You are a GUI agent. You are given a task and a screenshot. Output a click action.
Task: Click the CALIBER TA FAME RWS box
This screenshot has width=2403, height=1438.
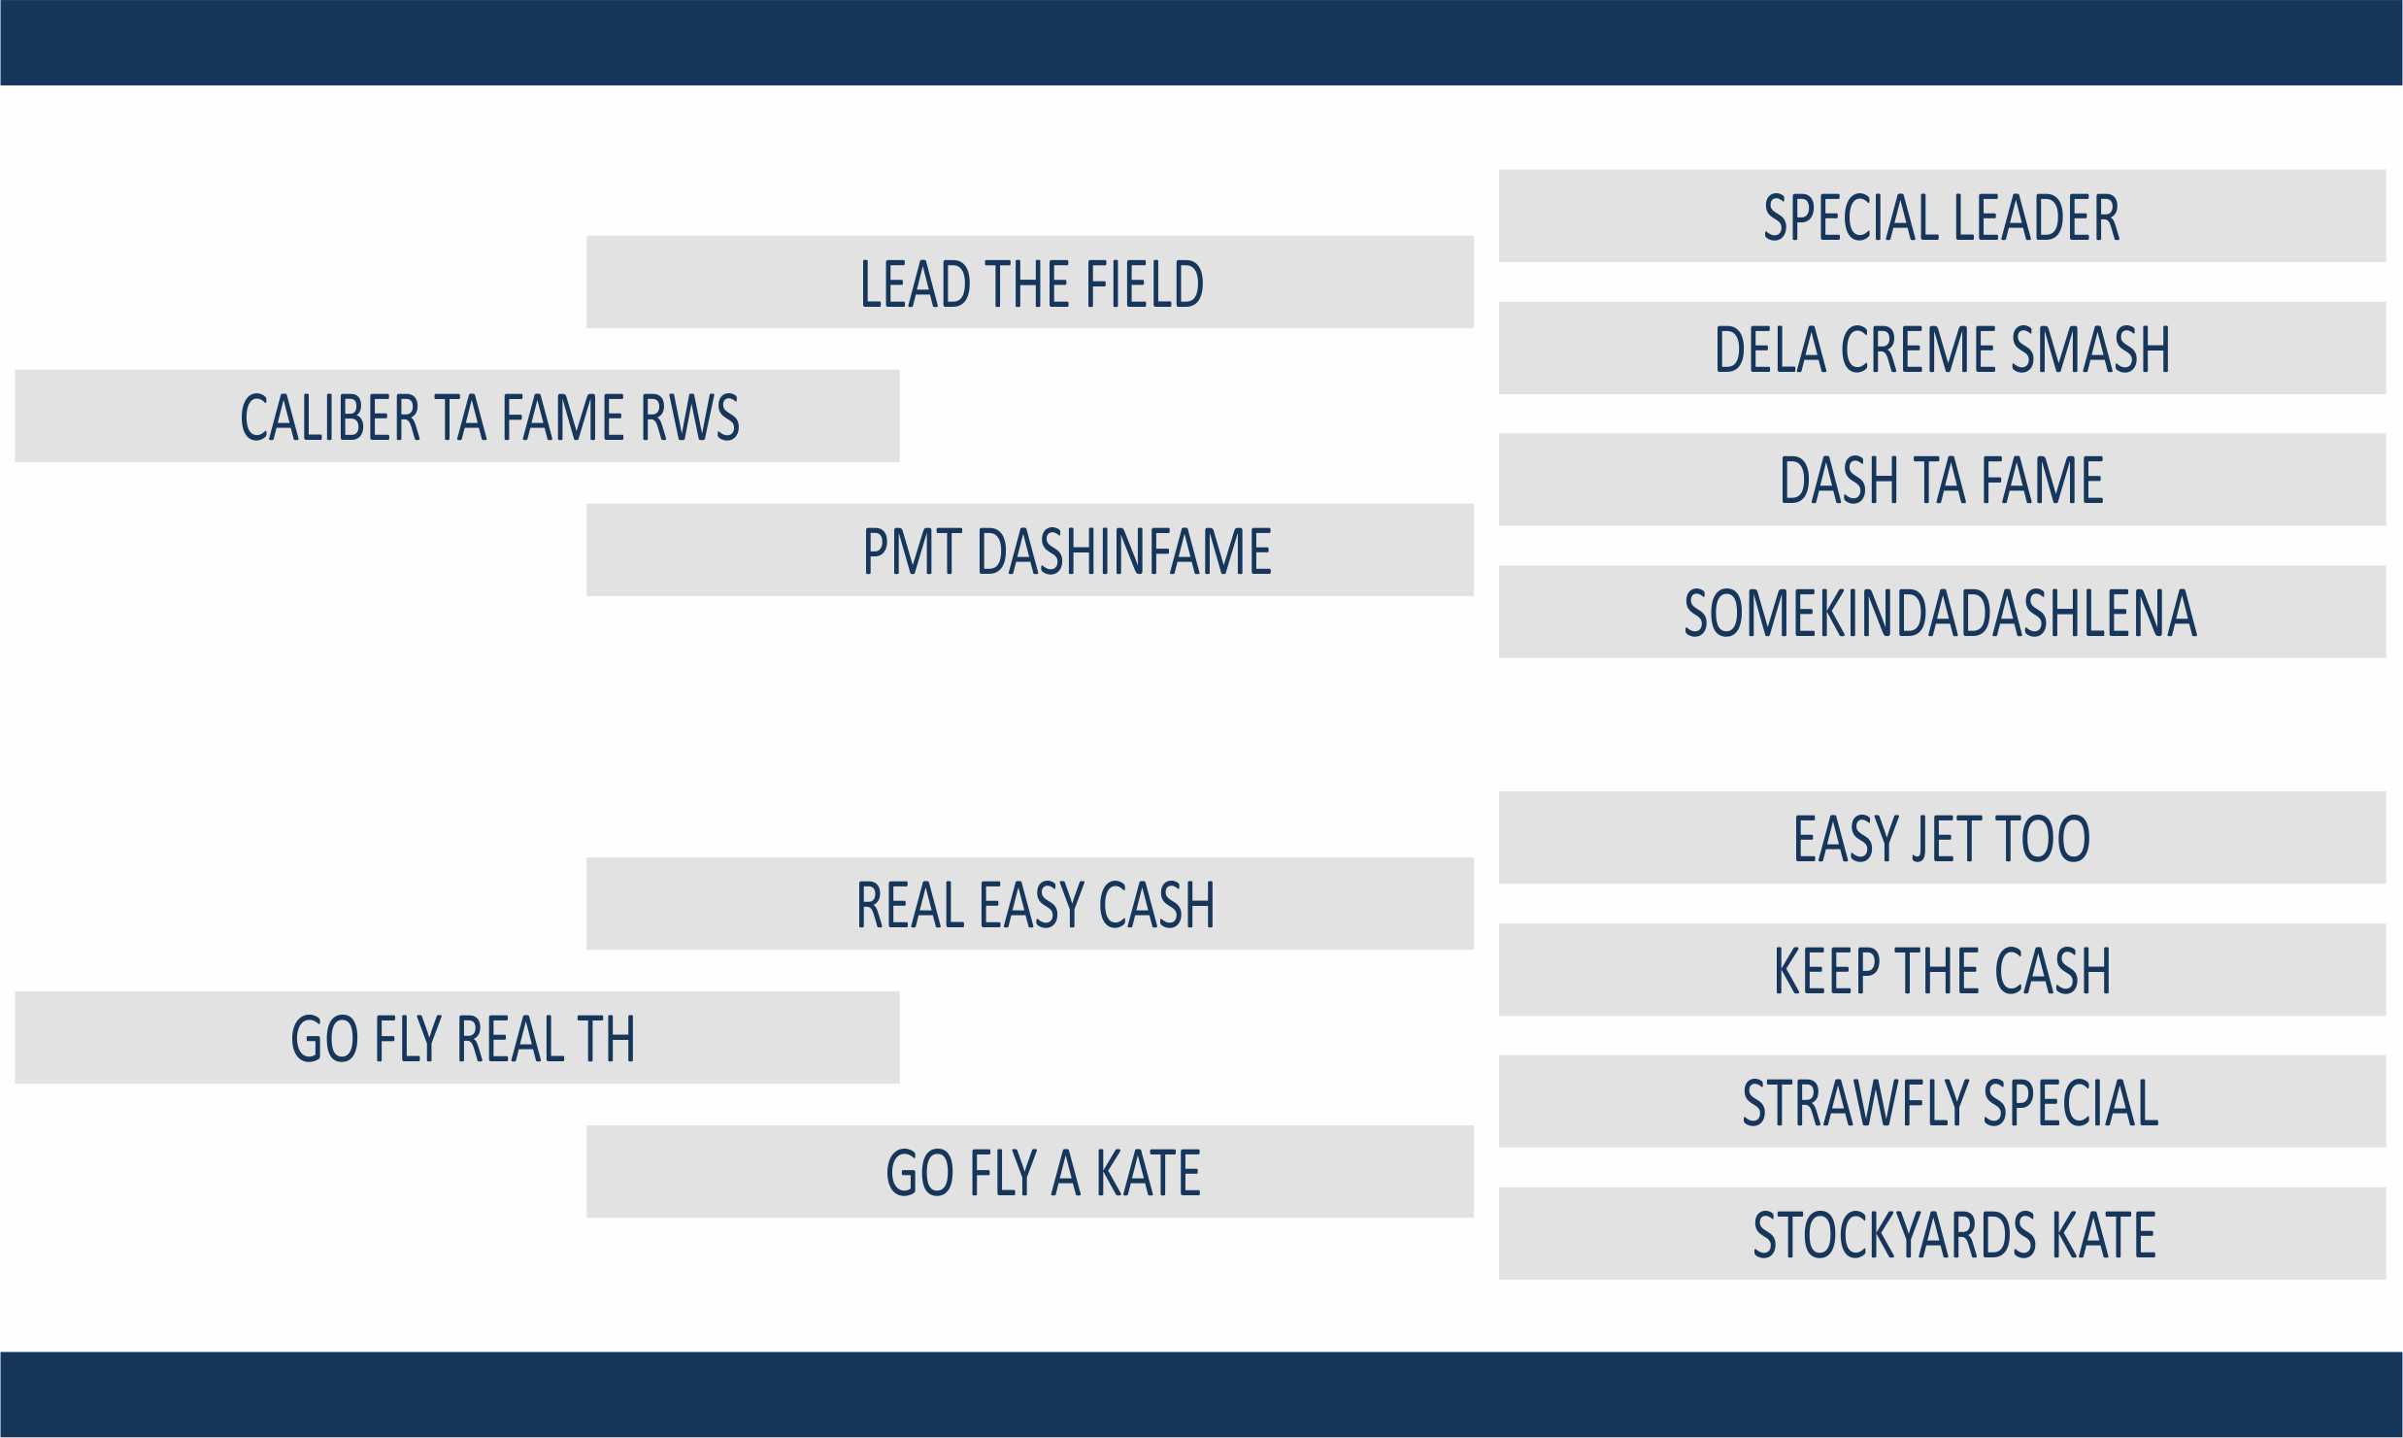coord(457,416)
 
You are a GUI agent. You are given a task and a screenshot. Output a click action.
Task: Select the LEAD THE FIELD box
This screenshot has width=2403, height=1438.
coord(1030,282)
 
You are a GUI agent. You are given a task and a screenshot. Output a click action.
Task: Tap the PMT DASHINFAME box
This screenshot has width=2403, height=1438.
coord(1030,550)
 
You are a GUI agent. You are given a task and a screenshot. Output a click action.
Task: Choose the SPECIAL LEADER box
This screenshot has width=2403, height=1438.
coord(1942,216)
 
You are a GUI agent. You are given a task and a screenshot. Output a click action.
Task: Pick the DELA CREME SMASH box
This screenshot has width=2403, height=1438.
coord(1942,348)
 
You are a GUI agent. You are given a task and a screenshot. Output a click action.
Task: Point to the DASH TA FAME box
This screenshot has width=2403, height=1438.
coord(1942,480)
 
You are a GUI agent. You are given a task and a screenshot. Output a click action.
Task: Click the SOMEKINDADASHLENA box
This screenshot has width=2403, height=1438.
coord(1942,612)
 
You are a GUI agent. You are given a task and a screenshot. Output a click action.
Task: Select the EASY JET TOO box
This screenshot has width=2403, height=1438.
coord(1942,837)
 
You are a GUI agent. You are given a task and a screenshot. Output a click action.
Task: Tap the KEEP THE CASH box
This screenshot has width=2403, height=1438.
coord(1942,969)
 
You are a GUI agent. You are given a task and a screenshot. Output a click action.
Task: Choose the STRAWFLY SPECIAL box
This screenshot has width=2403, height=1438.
coord(1942,1101)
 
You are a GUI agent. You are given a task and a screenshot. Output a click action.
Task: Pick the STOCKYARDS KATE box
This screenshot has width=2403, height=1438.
coord(1942,1233)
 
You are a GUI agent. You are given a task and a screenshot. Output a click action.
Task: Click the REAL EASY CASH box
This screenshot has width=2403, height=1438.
coord(1030,903)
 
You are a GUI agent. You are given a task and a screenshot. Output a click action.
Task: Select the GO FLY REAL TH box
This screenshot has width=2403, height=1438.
coord(457,1037)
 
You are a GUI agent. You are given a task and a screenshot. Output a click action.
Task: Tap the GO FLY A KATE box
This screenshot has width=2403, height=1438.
coord(1030,1171)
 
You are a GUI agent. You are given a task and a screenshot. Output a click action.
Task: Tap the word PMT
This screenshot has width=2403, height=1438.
coord(912,552)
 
